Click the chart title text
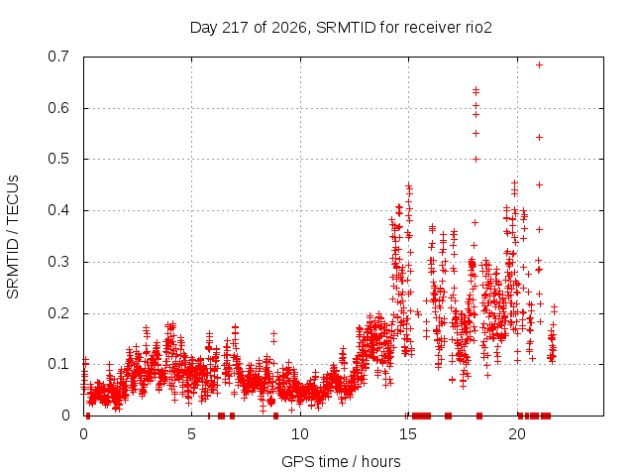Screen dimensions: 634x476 coord(341,28)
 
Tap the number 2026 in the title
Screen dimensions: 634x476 coord(289,28)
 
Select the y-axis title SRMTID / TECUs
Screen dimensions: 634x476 coord(13,237)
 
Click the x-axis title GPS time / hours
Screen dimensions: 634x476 coord(341,461)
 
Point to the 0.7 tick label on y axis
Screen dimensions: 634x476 coord(58,57)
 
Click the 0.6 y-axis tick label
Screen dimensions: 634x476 coord(58,108)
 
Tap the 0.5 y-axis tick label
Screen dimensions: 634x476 coord(58,159)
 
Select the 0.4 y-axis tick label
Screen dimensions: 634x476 coord(58,210)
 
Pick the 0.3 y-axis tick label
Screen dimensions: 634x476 coord(58,262)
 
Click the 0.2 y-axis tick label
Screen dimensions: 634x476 coord(58,313)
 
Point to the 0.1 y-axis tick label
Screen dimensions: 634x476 coord(58,364)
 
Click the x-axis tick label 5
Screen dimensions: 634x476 coord(191,434)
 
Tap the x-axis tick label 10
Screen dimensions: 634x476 coord(300,434)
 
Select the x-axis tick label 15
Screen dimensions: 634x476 coord(408,434)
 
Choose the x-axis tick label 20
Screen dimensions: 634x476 coord(517,434)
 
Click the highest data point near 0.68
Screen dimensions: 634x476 coord(539,64)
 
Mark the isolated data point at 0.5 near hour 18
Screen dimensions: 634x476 coord(475,159)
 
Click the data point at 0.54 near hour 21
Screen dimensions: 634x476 coord(539,137)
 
